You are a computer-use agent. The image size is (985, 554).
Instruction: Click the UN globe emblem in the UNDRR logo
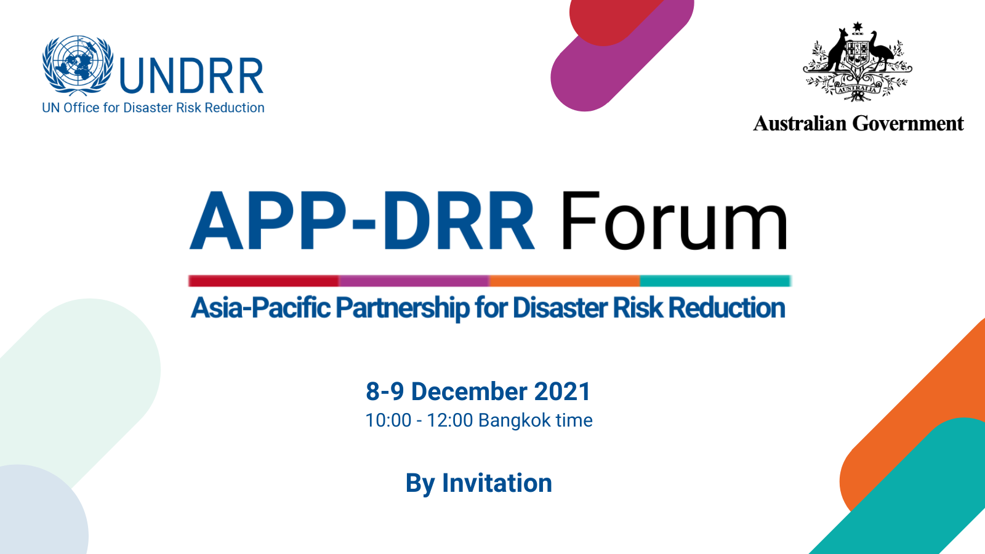coord(78,65)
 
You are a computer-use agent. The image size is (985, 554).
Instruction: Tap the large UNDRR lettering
coord(191,76)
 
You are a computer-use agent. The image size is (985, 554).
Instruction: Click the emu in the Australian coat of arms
coord(881,50)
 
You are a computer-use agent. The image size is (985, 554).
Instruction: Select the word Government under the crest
coord(908,124)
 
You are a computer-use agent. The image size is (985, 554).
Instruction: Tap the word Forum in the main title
coord(673,221)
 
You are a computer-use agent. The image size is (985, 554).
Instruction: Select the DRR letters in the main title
coord(459,221)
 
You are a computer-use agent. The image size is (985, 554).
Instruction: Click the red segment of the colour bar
coord(263,281)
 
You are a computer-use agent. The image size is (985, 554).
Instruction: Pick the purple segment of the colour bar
coord(414,281)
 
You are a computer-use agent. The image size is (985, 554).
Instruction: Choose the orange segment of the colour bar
coord(565,281)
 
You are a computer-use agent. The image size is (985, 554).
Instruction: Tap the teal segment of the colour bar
coord(715,281)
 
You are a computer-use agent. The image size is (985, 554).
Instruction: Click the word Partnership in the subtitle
coord(403,308)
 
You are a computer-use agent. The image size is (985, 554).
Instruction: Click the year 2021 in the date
coord(562,391)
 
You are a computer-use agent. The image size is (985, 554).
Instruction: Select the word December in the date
coord(468,391)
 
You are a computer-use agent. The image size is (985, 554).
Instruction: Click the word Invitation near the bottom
coord(497,483)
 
